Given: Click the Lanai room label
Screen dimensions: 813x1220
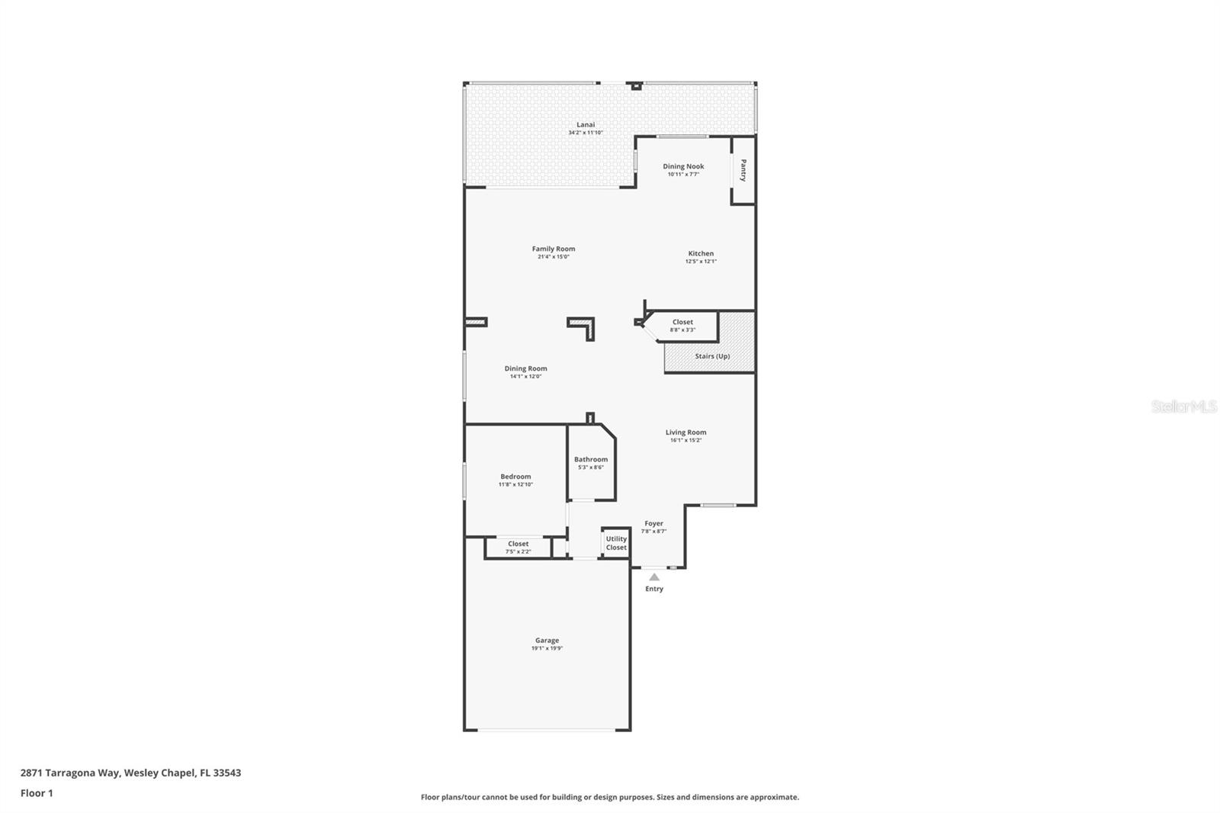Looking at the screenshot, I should (x=585, y=124).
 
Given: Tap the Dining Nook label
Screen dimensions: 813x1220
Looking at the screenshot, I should (x=683, y=166).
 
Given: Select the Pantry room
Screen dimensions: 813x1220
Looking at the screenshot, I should (x=743, y=170).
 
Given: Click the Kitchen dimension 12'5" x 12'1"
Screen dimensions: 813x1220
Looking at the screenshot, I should (x=701, y=262).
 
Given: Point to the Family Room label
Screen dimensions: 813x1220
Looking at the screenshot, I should (x=554, y=249).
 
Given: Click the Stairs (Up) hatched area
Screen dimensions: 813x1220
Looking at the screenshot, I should (x=711, y=356).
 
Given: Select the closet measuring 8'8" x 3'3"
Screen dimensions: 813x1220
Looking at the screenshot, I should (x=682, y=326).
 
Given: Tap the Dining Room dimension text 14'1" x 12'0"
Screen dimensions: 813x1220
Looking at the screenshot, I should (x=525, y=377).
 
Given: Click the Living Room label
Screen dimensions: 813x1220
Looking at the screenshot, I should (x=685, y=432).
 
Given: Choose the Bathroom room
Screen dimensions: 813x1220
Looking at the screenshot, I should (x=591, y=463).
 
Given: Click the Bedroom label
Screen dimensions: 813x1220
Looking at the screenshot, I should (x=515, y=477).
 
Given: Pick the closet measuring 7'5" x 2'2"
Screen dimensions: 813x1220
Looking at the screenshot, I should (x=518, y=548).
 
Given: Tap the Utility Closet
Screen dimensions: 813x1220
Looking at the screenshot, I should (x=616, y=543).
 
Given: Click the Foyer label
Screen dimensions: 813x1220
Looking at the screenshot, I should (x=653, y=524).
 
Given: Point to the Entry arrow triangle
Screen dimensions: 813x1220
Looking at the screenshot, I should (x=654, y=577).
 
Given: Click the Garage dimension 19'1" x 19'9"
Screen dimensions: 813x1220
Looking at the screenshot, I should (x=547, y=648).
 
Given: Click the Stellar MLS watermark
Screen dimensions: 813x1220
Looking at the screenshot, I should (x=1183, y=407).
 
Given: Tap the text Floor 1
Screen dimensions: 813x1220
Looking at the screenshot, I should (x=37, y=793).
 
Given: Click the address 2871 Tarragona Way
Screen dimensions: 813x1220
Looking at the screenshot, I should (x=69, y=773).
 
